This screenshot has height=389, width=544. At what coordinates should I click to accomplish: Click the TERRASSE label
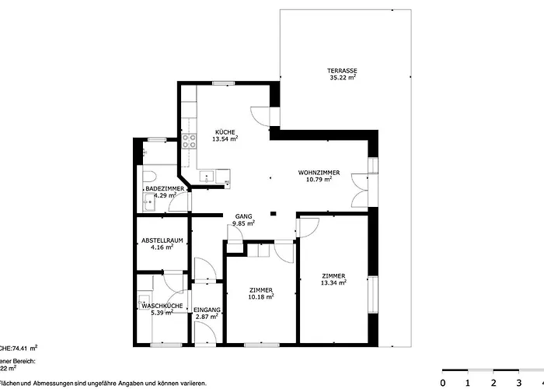(x=342, y=71)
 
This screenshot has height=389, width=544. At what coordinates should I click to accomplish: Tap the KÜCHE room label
(x=225, y=132)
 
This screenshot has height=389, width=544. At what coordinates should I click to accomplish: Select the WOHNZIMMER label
(x=320, y=172)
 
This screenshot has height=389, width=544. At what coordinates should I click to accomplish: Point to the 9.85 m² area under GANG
(x=244, y=223)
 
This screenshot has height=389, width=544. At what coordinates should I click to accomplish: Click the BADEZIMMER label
(x=164, y=189)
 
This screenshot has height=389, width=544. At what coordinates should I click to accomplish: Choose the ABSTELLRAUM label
(x=162, y=240)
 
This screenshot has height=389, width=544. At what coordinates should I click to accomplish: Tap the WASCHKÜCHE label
(x=162, y=306)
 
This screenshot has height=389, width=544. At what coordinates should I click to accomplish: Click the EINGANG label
(x=207, y=310)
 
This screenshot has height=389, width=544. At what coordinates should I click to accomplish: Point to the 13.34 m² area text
(x=333, y=282)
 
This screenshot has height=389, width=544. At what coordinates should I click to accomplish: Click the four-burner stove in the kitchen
(x=188, y=141)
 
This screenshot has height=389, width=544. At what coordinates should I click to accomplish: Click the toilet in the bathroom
(x=150, y=175)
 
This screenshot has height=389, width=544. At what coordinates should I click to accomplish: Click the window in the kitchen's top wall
(x=225, y=82)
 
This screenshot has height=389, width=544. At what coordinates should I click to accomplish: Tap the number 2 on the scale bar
(x=492, y=382)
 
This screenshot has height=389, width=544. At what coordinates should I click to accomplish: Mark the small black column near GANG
(x=272, y=215)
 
